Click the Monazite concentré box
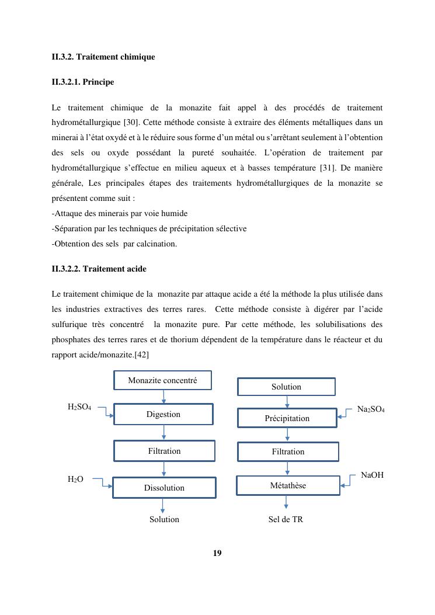[162, 380]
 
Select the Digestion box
[163, 414]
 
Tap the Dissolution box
[164, 488]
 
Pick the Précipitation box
[287, 418]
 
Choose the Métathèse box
[288, 485]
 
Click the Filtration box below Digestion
[164, 451]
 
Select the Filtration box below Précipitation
[288, 451]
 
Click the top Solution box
[286, 387]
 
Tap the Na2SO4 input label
[371, 410]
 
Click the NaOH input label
[372, 475]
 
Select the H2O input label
[75, 480]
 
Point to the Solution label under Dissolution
[164, 519]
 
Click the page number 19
[217, 553]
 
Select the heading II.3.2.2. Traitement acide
[99, 269]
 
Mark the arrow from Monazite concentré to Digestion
[163, 397]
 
